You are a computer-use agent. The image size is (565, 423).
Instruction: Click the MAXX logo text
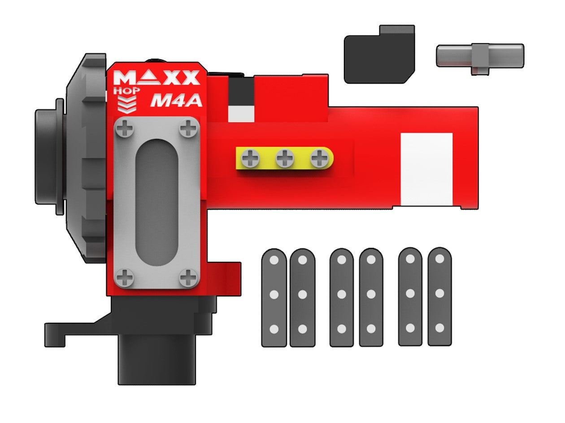click(x=156, y=78)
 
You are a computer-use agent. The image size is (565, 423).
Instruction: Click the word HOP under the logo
click(x=127, y=90)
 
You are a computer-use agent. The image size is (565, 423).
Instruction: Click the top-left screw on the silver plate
click(x=124, y=130)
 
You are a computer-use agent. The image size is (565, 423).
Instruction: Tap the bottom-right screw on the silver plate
click(x=188, y=278)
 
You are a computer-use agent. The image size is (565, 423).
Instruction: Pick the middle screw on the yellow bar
click(x=285, y=158)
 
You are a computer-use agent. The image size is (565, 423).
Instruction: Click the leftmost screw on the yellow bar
click(x=250, y=158)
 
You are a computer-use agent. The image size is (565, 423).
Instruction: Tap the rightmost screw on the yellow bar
click(x=319, y=158)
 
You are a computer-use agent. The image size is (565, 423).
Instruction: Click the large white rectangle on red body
click(x=426, y=169)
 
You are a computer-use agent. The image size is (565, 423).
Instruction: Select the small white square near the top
click(x=241, y=114)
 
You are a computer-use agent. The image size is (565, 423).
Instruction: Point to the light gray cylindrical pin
click(x=480, y=56)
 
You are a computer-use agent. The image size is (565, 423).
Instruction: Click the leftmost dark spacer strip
click(x=274, y=298)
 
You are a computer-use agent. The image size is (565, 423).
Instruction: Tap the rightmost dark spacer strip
click(x=439, y=296)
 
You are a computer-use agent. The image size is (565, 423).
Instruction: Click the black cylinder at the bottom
click(x=157, y=360)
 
